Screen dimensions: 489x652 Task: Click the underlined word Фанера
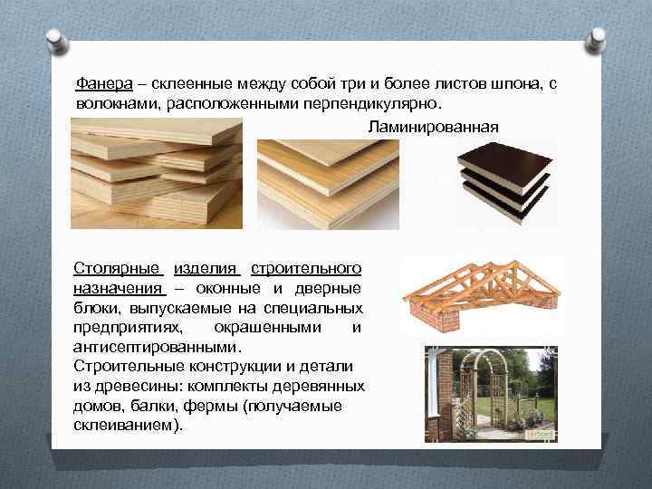[x=104, y=83]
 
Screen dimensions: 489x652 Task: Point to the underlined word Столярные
[x=118, y=269]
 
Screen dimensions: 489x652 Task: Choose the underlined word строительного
[x=306, y=269]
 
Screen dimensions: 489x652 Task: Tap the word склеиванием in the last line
[x=128, y=424]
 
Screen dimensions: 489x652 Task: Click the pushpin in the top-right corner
[x=598, y=38]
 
